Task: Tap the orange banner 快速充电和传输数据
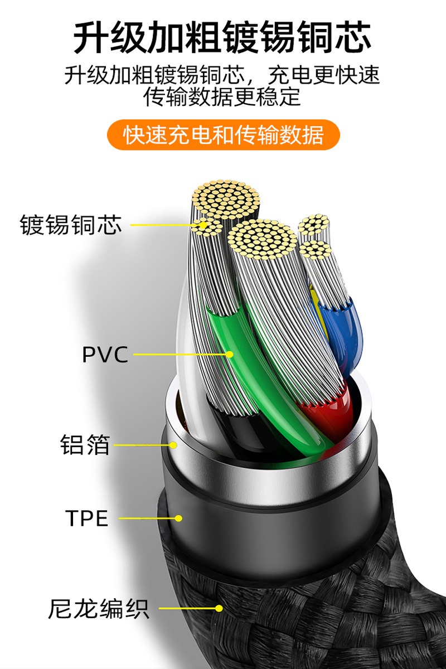click(x=223, y=135)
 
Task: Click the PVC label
click(x=105, y=354)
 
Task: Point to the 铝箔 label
click(x=85, y=445)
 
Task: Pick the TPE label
click(x=87, y=518)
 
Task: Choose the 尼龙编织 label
click(x=99, y=609)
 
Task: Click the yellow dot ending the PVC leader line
click(x=229, y=354)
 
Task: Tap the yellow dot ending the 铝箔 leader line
click(x=173, y=445)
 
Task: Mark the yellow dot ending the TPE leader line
click(x=178, y=518)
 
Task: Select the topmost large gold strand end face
click(x=226, y=198)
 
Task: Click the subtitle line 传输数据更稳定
click(x=222, y=97)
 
